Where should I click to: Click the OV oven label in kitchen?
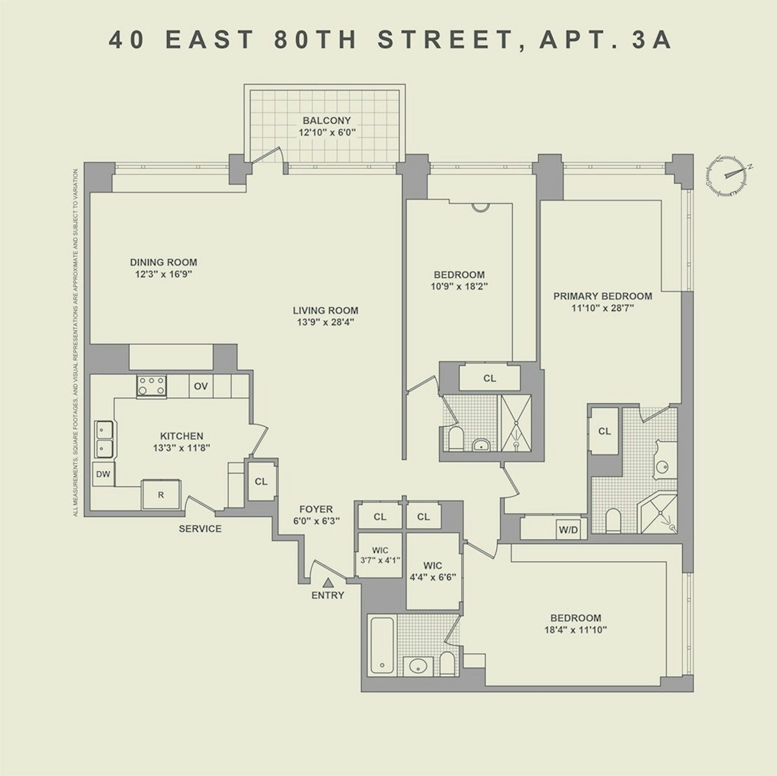pyautogui.click(x=201, y=386)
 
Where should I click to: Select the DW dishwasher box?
pyautogui.click(x=103, y=474)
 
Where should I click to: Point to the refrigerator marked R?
pyautogui.click(x=161, y=495)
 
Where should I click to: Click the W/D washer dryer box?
pyautogui.click(x=568, y=530)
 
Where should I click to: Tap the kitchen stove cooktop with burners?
pyautogui.click(x=152, y=387)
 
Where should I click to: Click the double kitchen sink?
pyautogui.click(x=104, y=439)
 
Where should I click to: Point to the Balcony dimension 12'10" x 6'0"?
pyautogui.click(x=326, y=132)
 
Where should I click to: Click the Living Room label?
pyautogui.click(x=325, y=310)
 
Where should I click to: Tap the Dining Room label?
pyautogui.click(x=164, y=262)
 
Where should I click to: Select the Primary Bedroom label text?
pyautogui.click(x=603, y=296)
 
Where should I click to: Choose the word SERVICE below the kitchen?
pyautogui.click(x=200, y=529)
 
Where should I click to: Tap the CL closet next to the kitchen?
pyautogui.click(x=261, y=482)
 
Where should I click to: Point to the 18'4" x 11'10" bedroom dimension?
pyautogui.click(x=576, y=630)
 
